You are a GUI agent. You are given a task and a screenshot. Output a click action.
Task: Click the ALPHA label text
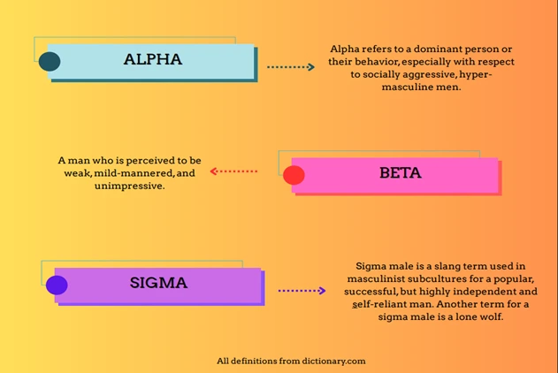tap(152, 60)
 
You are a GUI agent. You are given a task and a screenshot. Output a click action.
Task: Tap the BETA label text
tap(400, 173)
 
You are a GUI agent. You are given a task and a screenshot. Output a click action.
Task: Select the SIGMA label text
tap(158, 284)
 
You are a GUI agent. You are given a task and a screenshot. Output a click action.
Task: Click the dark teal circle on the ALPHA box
tap(50, 61)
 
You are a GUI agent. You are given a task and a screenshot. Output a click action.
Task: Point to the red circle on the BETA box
tap(294, 175)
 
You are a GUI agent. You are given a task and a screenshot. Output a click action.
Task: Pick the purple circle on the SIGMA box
tap(57, 285)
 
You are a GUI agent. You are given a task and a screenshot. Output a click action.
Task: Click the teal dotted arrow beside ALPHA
tap(291, 67)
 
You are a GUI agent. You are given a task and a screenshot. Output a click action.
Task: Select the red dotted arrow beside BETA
tap(234, 171)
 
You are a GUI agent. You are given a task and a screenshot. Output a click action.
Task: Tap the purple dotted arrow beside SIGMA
tap(302, 290)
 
